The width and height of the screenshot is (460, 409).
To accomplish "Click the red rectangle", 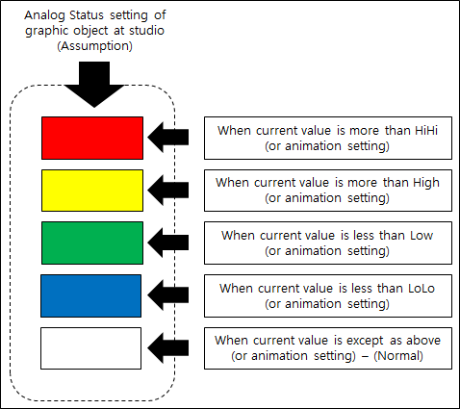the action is point(92,138).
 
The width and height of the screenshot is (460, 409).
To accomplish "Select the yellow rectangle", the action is point(92,191).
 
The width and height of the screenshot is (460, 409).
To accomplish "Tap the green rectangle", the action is point(92,243).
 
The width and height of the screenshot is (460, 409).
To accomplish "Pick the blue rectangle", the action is point(91,295).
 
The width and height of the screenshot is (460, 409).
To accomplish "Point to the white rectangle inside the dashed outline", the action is point(91,348).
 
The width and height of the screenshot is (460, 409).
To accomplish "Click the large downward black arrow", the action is point(94,84).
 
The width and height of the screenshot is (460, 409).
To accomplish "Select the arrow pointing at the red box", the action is point(168,138).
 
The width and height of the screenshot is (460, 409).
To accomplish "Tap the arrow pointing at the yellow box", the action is point(168,190).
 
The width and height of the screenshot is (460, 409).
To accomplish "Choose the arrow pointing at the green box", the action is point(168,243).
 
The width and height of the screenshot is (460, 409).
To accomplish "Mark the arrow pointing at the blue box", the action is point(168,294).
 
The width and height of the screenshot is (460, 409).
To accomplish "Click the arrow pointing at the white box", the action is point(168,348).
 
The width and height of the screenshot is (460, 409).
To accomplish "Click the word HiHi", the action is point(426,131).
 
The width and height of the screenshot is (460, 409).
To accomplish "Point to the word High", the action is point(426,184).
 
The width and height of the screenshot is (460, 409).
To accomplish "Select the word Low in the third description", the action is point(422,236).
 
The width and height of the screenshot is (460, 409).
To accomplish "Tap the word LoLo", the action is point(422,289).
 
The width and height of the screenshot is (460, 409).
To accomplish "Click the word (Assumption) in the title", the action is point(94,46).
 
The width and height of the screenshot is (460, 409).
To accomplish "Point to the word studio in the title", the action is point(146,31).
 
